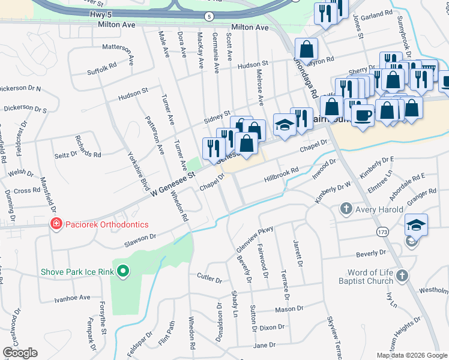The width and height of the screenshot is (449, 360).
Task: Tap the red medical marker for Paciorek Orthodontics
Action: click(56, 224)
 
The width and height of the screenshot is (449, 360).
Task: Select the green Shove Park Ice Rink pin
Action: click(123, 272)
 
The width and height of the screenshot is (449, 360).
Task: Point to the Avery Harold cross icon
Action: click(346, 209)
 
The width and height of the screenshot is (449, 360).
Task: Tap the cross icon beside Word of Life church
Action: click(402, 276)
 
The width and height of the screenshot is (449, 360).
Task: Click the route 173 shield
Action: click(382, 231)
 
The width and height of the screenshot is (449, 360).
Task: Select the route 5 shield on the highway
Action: click(208, 16)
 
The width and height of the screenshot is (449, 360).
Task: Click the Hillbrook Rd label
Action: click(281, 175)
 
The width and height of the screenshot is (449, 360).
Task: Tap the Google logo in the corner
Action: click(20, 353)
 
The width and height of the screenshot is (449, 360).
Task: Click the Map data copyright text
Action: click(412, 355)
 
